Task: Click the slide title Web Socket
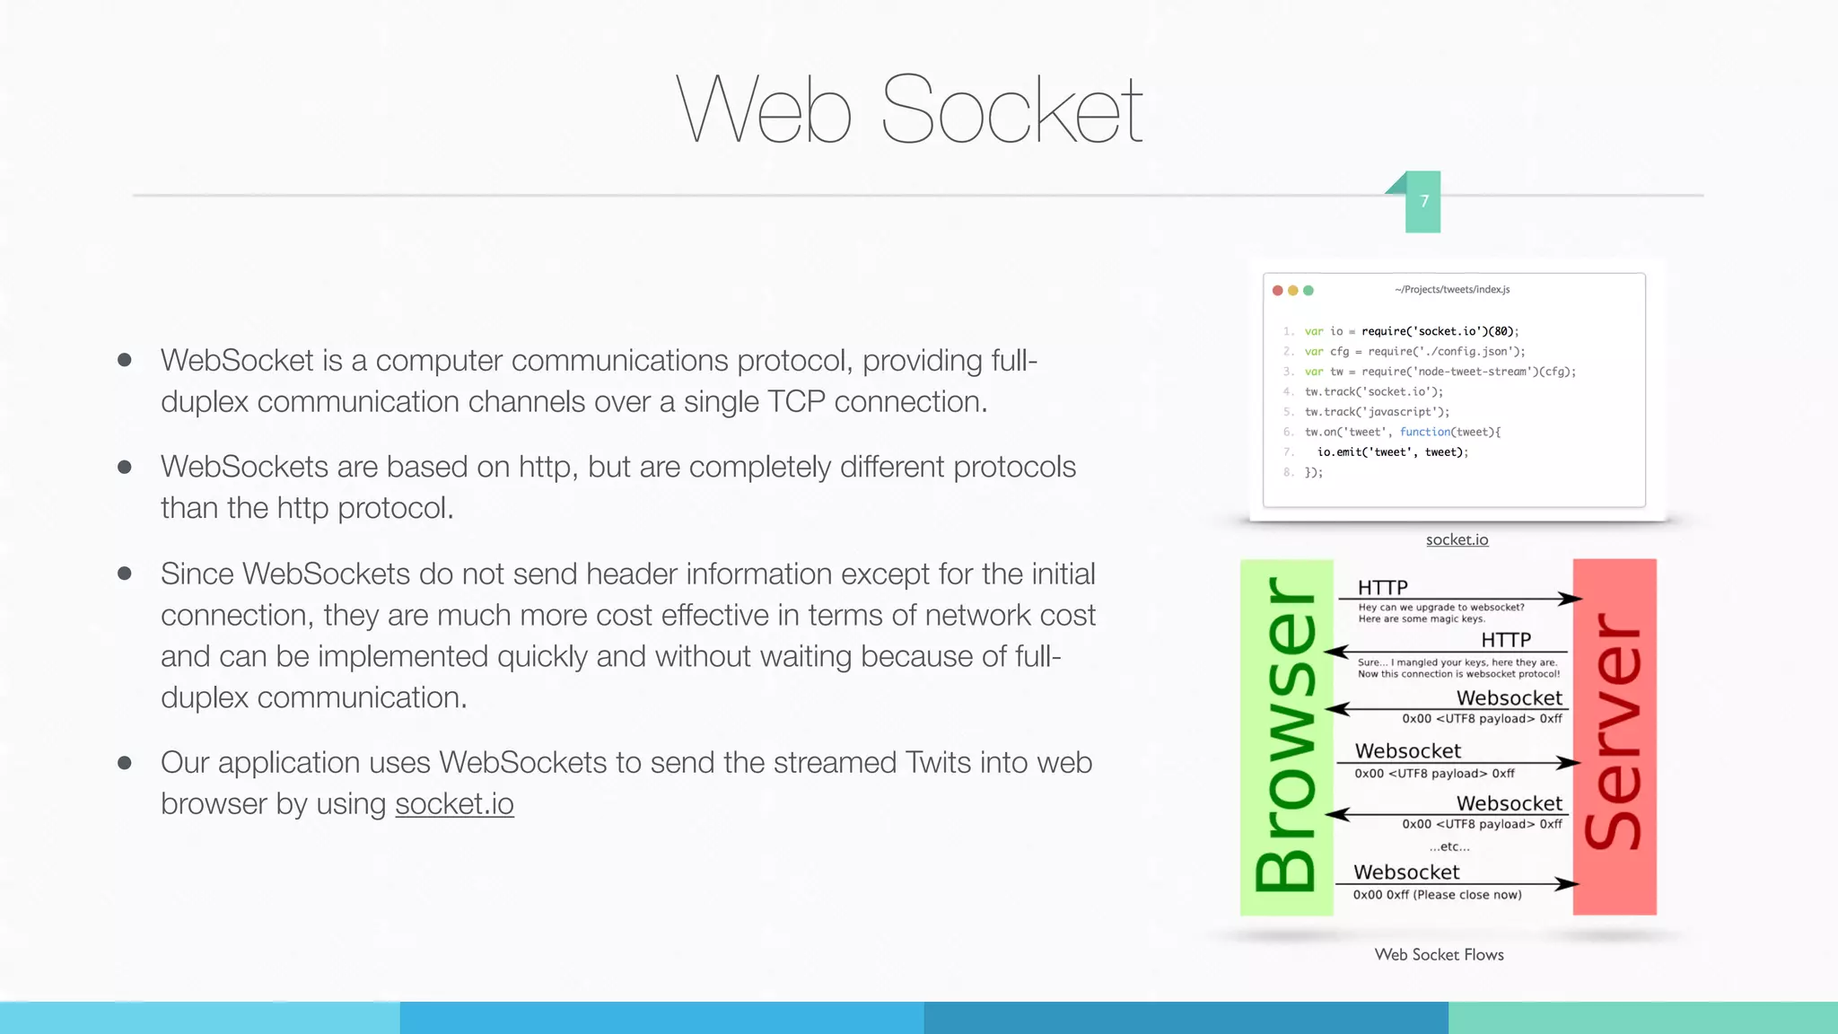click(x=908, y=110)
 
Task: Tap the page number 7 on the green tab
click(x=1424, y=201)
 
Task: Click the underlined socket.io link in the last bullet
click(x=454, y=804)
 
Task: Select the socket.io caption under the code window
click(x=1457, y=539)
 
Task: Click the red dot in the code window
click(x=1278, y=290)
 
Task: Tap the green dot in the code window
click(x=1308, y=290)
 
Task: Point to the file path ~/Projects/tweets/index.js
click(x=1452, y=289)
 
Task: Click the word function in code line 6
click(x=1424, y=432)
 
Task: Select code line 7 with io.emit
click(x=1392, y=452)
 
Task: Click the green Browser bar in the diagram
click(x=1286, y=737)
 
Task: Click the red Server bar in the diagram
click(x=1614, y=737)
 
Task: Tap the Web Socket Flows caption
click(x=1439, y=955)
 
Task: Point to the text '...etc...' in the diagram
click(x=1449, y=846)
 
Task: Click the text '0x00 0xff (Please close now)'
click(x=1437, y=895)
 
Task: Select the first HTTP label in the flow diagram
click(x=1382, y=587)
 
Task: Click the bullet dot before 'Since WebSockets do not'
click(x=125, y=574)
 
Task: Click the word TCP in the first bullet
click(x=796, y=402)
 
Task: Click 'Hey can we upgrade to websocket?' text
click(x=1440, y=608)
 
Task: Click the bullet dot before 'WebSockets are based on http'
click(x=125, y=467)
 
